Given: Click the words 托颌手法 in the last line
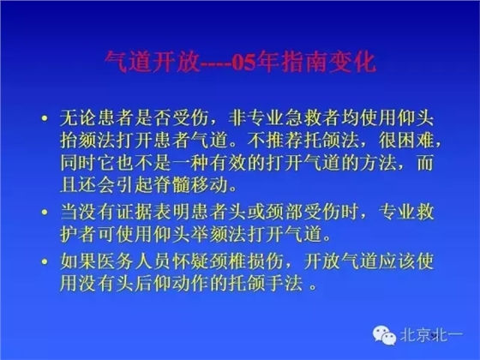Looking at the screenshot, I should coord(267,280).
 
